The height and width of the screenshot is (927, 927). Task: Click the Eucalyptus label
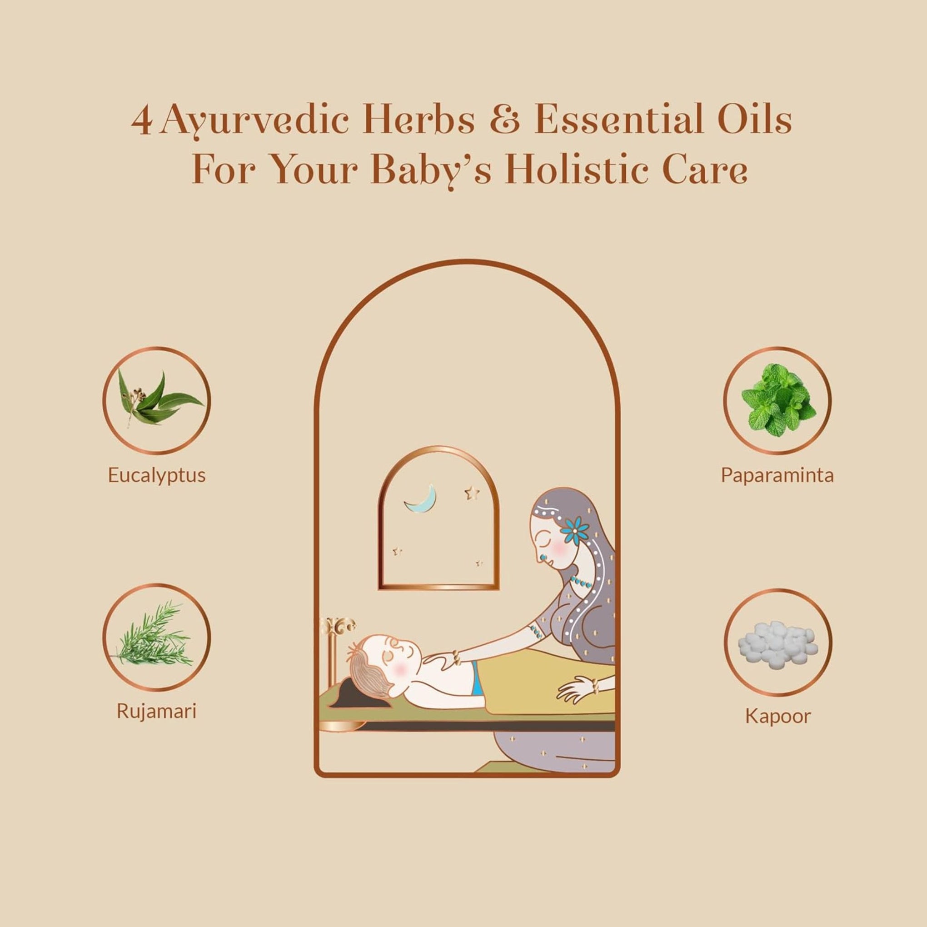point(156,475)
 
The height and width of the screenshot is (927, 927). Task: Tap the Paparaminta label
point(777,475)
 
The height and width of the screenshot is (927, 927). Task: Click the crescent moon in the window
point(422,499)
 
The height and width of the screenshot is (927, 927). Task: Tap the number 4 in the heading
point(143,121)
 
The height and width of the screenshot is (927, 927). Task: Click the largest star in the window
point(472,493)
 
